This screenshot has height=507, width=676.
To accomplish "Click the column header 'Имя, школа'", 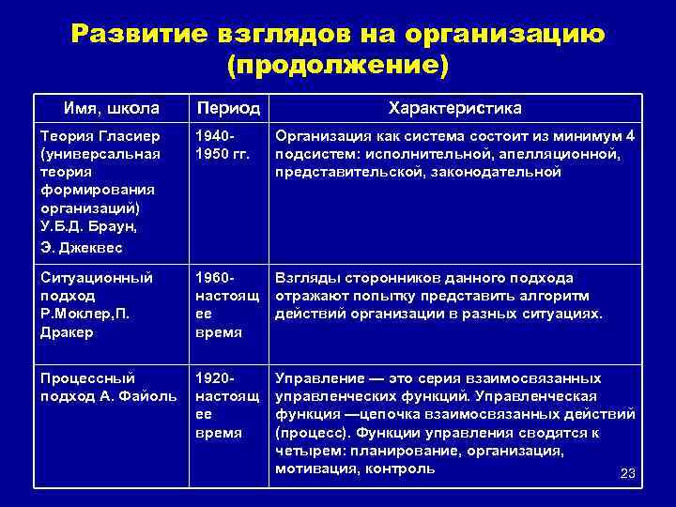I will [112, 108].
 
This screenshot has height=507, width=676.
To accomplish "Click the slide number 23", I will [628, 474].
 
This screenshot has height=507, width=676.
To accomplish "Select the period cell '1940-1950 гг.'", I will [221, 146].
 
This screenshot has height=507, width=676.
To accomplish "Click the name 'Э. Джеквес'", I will [82, 247].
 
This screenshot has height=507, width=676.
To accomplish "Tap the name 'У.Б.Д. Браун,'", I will [87, 225].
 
